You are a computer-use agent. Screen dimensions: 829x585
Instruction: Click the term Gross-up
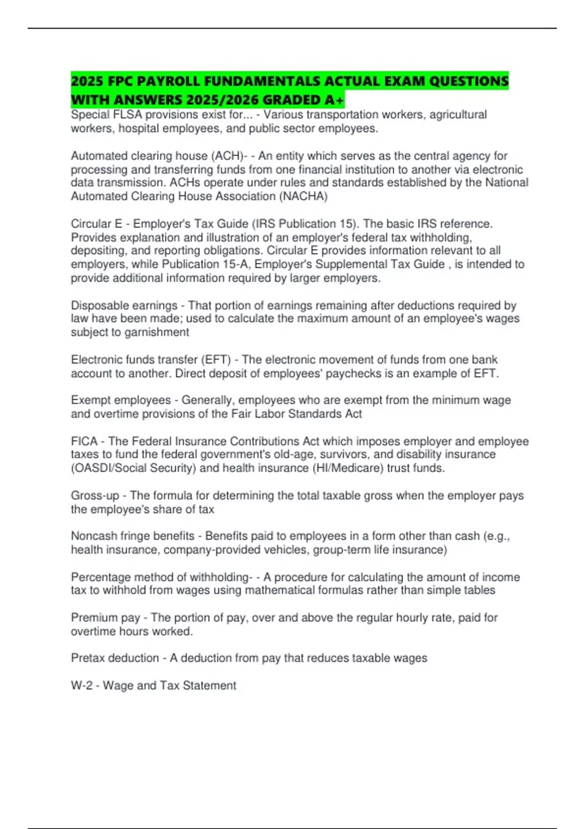[95, 496]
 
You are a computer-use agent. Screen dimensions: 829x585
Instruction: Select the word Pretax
[89, 658]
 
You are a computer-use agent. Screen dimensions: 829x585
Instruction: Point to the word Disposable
[100, 306]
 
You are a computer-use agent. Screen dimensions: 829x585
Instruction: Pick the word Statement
[209, 686]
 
